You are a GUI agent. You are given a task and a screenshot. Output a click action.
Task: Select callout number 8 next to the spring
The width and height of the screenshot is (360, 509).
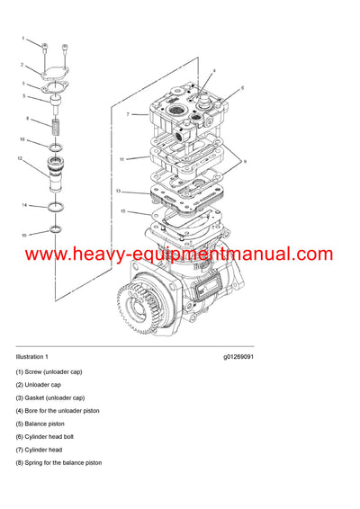click(27, 119)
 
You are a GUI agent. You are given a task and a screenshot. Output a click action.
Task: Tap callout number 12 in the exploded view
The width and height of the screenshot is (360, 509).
click(19, 158)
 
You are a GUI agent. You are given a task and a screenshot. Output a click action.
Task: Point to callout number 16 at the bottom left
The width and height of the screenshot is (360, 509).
click(24, 235)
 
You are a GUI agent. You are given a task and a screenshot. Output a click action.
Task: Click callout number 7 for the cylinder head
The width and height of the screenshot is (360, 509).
click(129, 114)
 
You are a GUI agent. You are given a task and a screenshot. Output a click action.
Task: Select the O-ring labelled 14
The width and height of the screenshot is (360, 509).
click(56, 209)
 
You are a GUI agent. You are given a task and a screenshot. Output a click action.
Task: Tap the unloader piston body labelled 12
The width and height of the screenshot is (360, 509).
click(56, 171)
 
